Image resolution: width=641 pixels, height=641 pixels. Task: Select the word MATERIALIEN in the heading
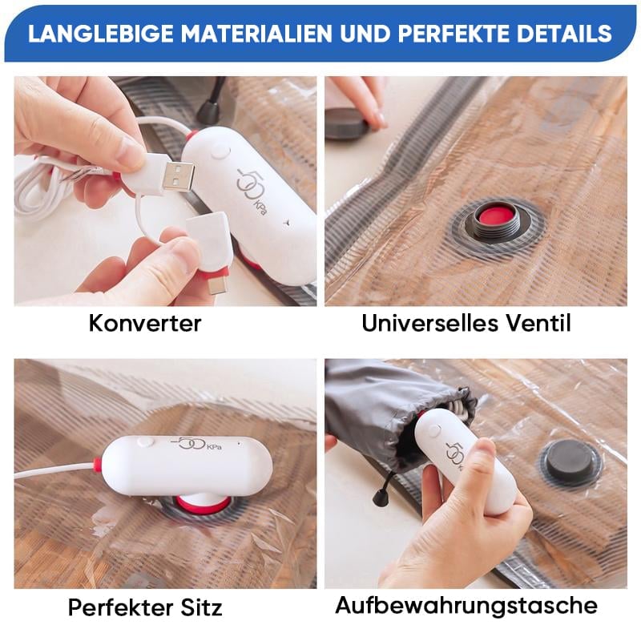click(256, 33)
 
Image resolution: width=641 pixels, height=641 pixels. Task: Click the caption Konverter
click(145, 323)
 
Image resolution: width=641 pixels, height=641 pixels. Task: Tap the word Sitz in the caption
click(201, 607)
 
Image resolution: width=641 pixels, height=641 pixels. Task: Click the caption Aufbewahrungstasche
click(466, 606)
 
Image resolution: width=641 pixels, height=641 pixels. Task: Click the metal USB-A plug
click(178, 176)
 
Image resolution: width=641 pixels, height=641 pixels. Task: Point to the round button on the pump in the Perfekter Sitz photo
click(145, 442)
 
